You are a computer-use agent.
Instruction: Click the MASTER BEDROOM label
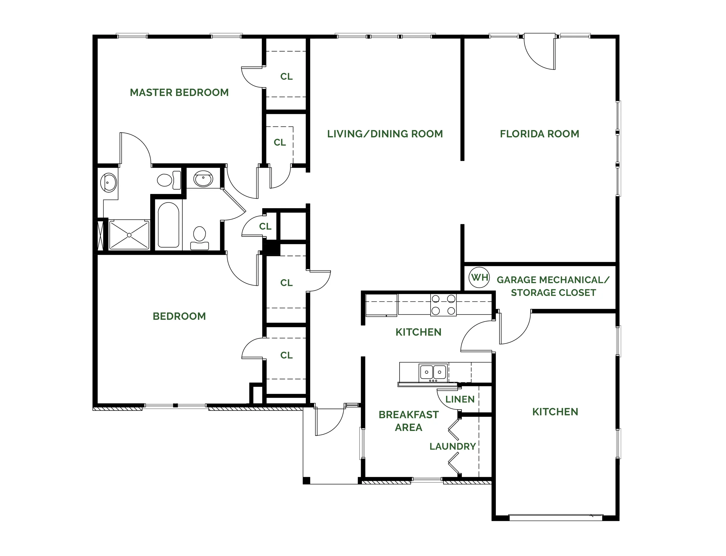coord(179,92)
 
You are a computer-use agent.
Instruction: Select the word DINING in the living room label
coord(389,134)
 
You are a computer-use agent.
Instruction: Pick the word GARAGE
coord(517,280)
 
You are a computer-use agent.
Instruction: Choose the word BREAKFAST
coord(409,415)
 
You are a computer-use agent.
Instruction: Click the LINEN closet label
coord(460,399)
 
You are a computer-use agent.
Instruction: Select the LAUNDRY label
coord(453,447)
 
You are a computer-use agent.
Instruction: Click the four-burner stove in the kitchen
coord(443,305)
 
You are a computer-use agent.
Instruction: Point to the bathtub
coord(168,225)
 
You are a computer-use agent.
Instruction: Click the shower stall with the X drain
coord(129,235)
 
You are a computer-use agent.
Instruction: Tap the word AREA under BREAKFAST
coord(409,427)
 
